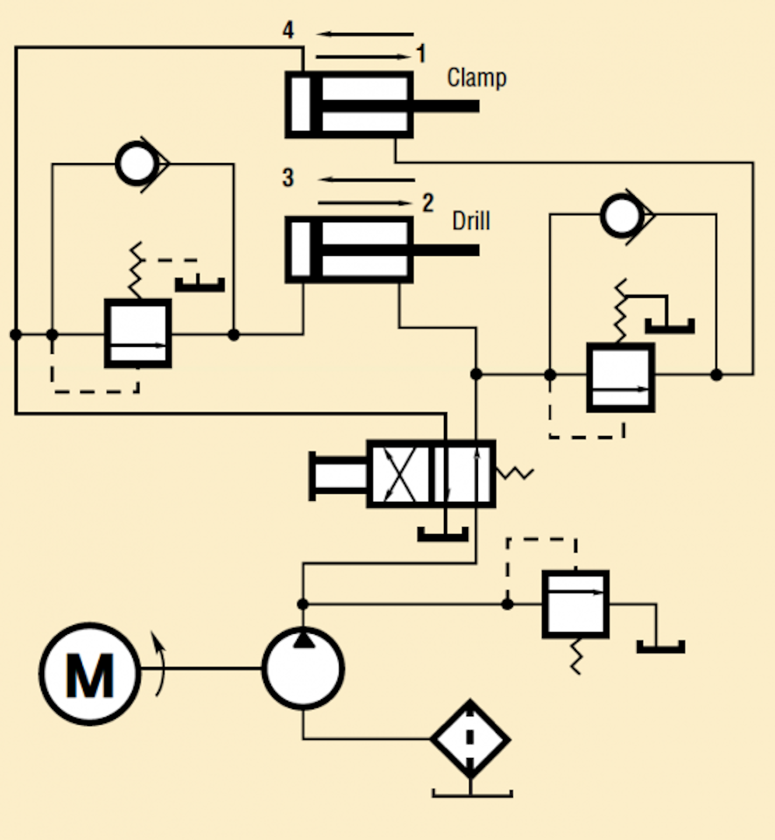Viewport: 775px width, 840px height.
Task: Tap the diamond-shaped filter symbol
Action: click(x=470, y=739)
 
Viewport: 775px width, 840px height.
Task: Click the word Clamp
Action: click(x=477, y=78)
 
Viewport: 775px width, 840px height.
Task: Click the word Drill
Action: click(x=471, y=221)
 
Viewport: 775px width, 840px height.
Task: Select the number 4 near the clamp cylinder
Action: click(x=288, y=30)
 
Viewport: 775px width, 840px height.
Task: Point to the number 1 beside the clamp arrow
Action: click(x=421, y=54)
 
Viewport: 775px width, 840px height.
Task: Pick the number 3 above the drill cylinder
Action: click(x=288, y=178)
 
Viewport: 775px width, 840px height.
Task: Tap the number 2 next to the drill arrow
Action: click(x=427, y=203)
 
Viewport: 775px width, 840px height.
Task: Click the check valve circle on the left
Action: click(x=136, y=164)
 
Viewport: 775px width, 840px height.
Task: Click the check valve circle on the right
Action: click(x=622, y=215)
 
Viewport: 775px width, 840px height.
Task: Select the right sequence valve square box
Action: click(x=620, y=377)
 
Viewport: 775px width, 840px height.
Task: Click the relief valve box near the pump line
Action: click(x=575, y=604)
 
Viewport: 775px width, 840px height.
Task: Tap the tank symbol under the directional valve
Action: click(x=443, y=535)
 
